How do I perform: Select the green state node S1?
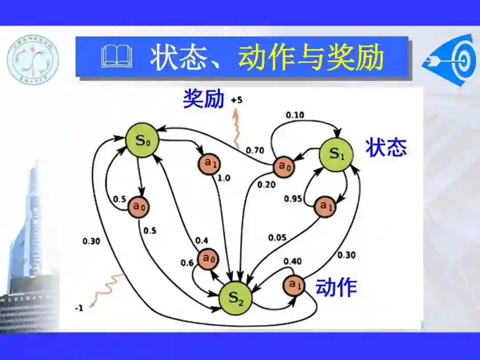tap(336, 154)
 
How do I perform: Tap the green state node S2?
tap(236, 298)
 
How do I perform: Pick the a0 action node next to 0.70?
tap(284, 166)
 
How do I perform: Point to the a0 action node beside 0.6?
tap(208, 259)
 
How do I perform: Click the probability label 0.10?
tap(295, 115)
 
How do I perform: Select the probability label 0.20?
tap(267, 185)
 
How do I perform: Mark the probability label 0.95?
tap(293, 198)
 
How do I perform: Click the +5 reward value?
tap(236, 100)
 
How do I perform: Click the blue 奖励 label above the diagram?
tap(204, 100)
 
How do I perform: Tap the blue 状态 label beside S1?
tap(386, 147)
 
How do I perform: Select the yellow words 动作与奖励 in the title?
tap(311, 58)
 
